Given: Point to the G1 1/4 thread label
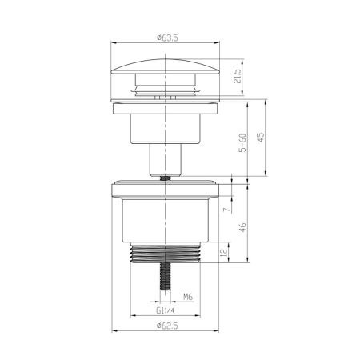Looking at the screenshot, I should [166, 313].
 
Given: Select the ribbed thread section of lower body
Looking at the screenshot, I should [166, 254].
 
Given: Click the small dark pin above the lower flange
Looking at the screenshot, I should [166, 178].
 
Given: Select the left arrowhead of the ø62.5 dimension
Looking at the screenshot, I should [111, 333].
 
